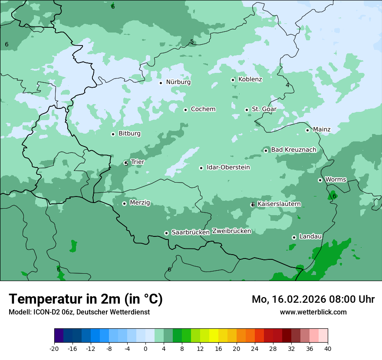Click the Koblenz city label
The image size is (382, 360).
point(250,79)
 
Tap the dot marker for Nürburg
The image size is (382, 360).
point(161,83)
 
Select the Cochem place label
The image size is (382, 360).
point(203,109)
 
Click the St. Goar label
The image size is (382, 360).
point(264,109)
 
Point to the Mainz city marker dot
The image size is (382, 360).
point(307,130)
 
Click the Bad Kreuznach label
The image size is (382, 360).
point(293,150)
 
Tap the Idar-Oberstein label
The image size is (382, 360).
point(228,167)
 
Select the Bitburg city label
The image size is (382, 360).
point(129,134)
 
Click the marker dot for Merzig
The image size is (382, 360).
point(124,203)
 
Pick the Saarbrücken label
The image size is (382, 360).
point(190,232)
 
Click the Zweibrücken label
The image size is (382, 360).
point(231,231)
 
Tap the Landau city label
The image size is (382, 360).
point(310,237)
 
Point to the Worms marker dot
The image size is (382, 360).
point(320,180)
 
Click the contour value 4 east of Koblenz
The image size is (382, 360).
point(287,85)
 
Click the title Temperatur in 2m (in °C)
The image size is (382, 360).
point(86,299)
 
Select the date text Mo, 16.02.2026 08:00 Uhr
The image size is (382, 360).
point(313,299)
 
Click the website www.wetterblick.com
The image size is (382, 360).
point(313,312)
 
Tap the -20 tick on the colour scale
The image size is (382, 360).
point(54,348)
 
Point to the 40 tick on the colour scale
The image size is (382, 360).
point(328,348)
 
